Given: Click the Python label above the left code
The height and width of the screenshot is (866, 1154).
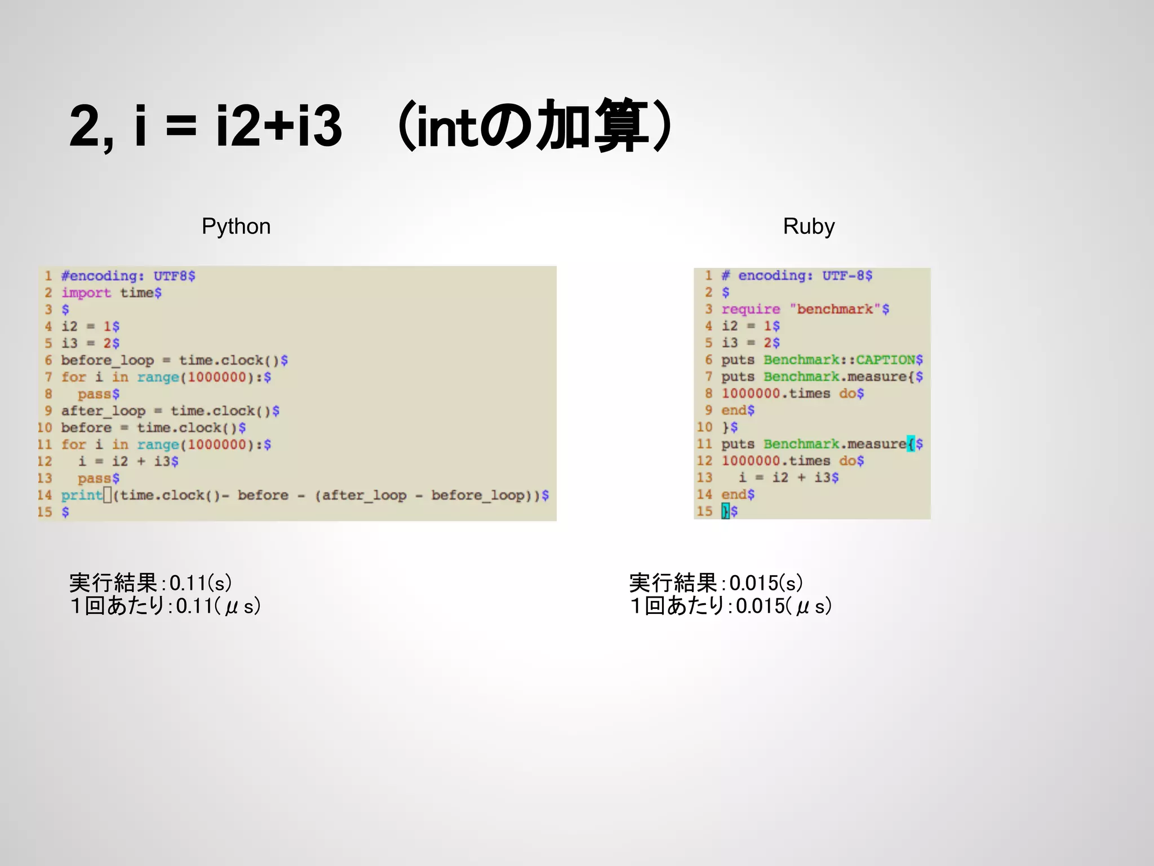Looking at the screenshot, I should (x=236, y=227).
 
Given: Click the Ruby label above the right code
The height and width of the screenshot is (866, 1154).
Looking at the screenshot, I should (x=809, y=227).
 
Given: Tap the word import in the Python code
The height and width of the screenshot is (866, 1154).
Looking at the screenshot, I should (x=86, y=293).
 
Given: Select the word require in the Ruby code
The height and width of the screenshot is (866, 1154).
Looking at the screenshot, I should (x=751, y=309).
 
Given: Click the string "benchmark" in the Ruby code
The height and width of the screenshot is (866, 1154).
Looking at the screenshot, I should (x=835, y=309).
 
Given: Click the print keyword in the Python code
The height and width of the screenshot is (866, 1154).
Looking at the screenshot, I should (x=82, y=495).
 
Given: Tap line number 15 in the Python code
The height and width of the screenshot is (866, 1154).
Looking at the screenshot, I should (x=45, y=512).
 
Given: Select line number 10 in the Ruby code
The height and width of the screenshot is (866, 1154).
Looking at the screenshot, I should (x=704, y=427).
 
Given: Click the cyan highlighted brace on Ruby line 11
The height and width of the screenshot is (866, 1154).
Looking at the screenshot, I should (x=911, y=444).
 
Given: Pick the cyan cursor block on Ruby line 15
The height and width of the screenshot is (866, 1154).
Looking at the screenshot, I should (x=725, y=511).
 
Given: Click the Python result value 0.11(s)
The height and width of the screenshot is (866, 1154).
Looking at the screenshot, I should (x=201, y=583).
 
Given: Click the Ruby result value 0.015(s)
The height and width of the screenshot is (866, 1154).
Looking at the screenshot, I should (x=766, y=583).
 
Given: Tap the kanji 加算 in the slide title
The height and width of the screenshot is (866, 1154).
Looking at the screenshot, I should (x=592, y=125).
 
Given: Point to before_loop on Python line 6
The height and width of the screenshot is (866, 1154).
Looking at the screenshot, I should (x=107, y=360).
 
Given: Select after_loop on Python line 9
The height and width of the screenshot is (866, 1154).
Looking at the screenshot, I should (x=103, y=411).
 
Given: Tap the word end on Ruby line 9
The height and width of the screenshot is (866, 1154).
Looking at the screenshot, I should (x=734, y=410).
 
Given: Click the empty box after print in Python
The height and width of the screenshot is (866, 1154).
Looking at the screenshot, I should (x=108, y=495).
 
